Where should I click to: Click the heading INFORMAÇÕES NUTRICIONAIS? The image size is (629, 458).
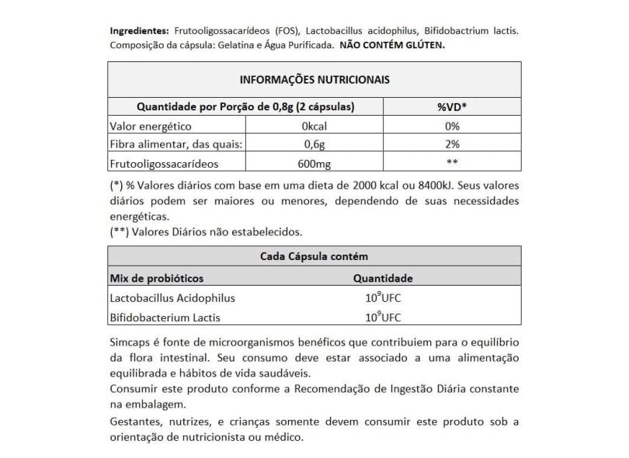click(314, 80)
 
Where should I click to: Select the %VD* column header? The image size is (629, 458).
click(452, 106)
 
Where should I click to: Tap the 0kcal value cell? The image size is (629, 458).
click(315, 126)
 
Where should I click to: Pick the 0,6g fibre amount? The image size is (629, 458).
click(315, 144)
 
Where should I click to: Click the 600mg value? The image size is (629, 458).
click(315, 163)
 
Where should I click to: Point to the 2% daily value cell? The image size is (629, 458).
click(452, 144)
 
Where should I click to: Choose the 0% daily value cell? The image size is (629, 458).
click(452, 126)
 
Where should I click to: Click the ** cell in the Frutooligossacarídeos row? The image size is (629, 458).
click(452, 163)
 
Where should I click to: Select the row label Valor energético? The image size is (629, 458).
click(151, 126)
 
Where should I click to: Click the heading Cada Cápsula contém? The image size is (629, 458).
click(314, 257)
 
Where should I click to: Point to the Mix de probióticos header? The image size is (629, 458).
click(158, 278)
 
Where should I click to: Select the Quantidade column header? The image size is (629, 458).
click(383, 278)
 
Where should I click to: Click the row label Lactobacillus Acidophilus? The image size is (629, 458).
click(173, 298)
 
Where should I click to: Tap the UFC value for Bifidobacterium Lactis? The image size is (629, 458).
click(383, 317)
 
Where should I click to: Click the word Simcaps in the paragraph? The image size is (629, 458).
click(130, 343)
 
